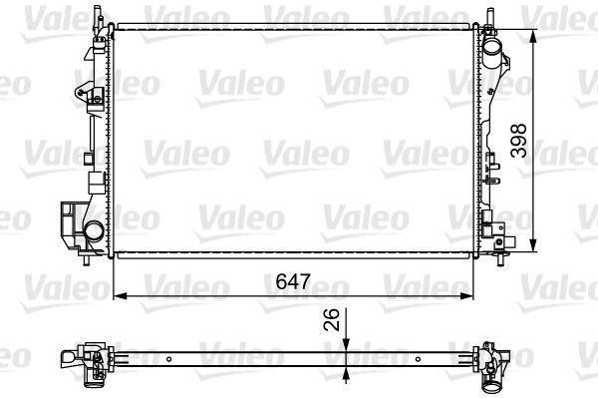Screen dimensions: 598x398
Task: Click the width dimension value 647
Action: [x=293, y=281]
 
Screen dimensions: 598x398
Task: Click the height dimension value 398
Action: [x=518, y=141]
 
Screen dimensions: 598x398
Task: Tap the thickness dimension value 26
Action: [x=331, y=319]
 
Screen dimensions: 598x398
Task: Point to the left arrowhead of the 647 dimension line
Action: [x=120, y=295]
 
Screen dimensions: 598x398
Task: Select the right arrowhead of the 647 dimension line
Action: [x=466, y=295]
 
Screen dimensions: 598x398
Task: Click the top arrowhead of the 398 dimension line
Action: [x=533, y=36]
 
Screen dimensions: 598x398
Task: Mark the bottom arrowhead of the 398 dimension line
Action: [x=533, y=245]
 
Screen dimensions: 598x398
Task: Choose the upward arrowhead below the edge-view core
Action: [x=346, y=376]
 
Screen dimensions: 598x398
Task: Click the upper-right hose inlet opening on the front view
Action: [x=491, y=49]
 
